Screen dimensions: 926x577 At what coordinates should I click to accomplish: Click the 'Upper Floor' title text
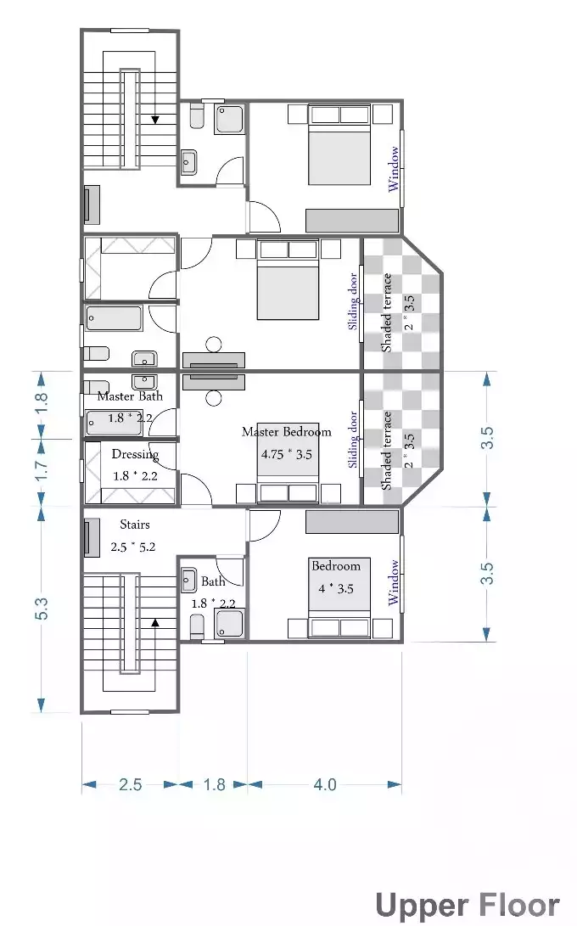point(468,905)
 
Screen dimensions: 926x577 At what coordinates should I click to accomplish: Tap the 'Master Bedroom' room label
point(286,432)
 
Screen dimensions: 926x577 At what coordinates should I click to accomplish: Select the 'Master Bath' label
point(130,396)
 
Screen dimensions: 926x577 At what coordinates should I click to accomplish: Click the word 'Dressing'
point(135,455)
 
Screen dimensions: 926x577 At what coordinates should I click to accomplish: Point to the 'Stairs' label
point(134,525)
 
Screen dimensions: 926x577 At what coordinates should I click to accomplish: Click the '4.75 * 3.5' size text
point(286,454)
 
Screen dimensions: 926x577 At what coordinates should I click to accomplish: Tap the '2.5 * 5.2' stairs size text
point(133,547)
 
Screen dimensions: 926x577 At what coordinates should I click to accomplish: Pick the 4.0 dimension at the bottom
point(325,784)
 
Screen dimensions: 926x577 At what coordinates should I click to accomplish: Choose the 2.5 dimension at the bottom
point(130,784)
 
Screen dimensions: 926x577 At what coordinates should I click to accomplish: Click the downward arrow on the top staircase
point(155,121)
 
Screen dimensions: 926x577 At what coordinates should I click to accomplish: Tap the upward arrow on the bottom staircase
point(155,622)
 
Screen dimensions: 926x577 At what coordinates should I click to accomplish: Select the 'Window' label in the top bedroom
point(394,169)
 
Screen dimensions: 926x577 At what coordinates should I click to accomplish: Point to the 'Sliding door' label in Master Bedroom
point(353,440)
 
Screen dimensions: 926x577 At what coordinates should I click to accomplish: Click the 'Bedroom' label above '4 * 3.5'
point(336,566)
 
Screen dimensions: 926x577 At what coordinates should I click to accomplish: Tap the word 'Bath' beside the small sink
point(213,581)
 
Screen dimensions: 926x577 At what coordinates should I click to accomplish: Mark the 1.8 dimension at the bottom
point(215,784)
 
